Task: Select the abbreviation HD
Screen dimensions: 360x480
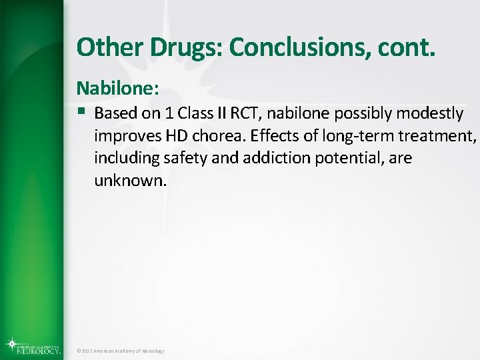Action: [173, 136]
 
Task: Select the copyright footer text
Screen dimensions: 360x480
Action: [120, 351]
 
